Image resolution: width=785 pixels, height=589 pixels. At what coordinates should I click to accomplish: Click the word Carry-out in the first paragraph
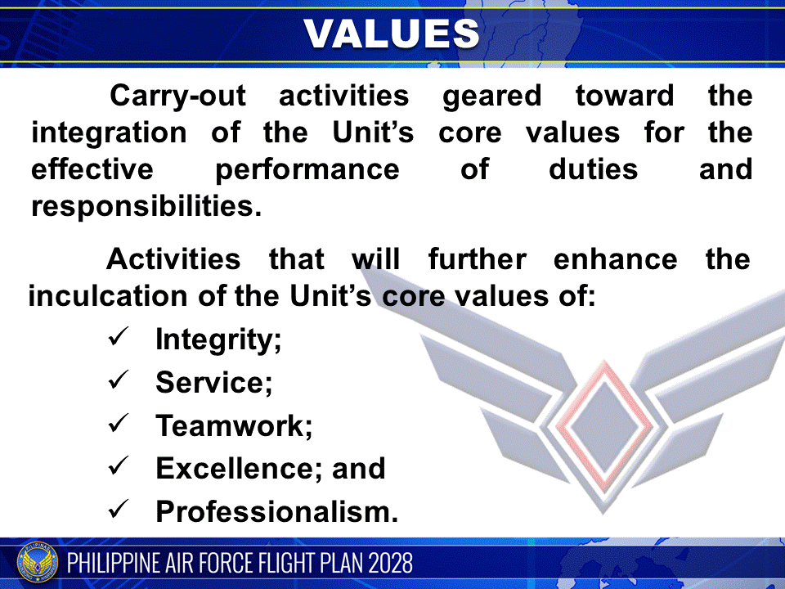pyautogui.click(x=177, y=96)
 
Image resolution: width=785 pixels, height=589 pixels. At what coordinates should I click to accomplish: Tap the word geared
pyautogui.click(x=492, y=96)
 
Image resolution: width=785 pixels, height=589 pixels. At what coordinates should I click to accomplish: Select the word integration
pyautogui.click(x=109, y=133)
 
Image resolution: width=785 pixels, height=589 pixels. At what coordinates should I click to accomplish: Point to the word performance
pyautogui.click(x=307, y=169)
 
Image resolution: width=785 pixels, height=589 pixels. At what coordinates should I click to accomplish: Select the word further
pyautogui.click(x=478, y=259)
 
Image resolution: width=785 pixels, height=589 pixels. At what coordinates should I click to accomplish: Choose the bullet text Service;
pyautogui.click(x=213, y=382)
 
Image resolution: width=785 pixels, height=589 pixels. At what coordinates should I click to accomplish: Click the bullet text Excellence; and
pyautogui.click(x=270, y=469)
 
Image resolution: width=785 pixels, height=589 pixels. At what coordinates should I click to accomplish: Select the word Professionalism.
pyautogui.click(x=276, y=512)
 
